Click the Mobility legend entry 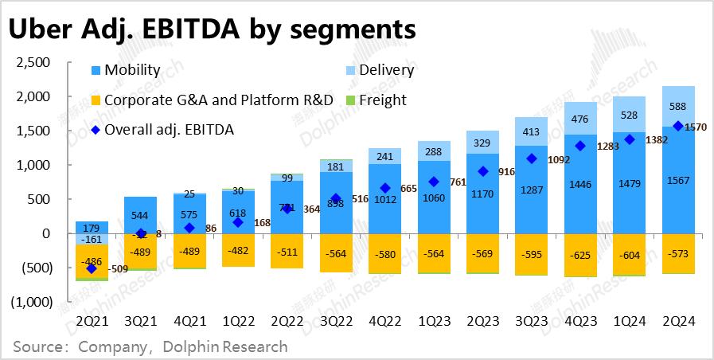click(132, 70)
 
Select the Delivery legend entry click(386, 70)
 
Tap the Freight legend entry click(382, 100)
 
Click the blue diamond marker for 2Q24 click(678, 126)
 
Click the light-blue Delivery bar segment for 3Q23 click(525, 131)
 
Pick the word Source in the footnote click(39, 347)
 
